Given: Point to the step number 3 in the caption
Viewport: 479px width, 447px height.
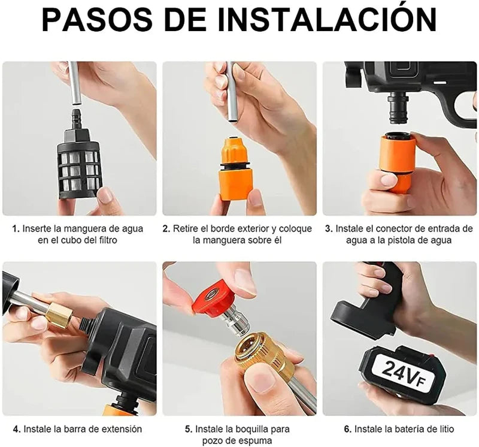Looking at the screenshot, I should pos(328,229).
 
